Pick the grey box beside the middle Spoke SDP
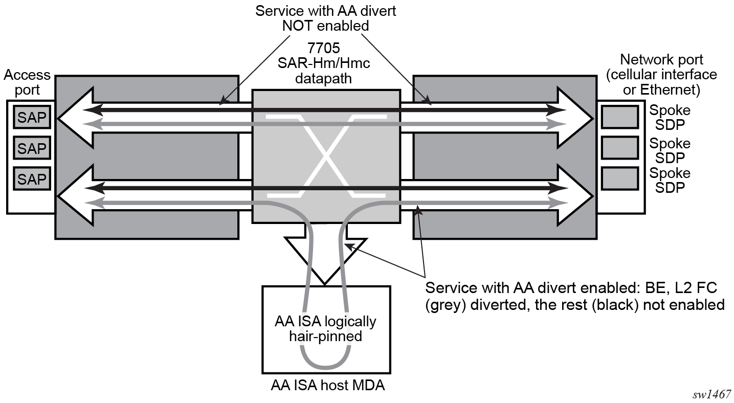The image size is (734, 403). coord(619,148)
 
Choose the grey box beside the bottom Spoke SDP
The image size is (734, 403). coord(619,178)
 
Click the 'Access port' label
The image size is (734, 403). coord(27,82)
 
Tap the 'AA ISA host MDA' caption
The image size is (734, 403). coord(327,386)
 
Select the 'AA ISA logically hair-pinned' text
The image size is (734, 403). coord(325,329)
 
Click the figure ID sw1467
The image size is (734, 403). coord(712,394)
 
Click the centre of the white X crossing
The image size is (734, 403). coord(325,156)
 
